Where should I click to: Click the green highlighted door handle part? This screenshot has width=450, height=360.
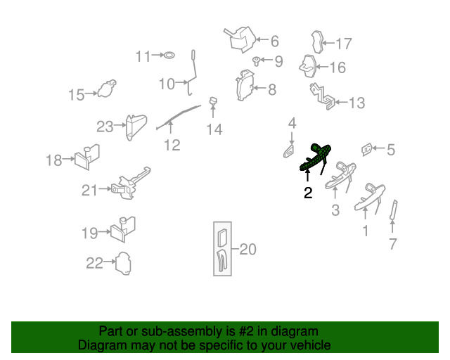click(x=316, y=158)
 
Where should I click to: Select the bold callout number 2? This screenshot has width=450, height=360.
click(x=308, y=193)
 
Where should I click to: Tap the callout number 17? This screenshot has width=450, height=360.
click(x=344, y=44)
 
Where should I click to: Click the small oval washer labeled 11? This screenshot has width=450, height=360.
click(x=169, y=55)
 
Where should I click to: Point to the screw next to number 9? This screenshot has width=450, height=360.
click(x=256, y=61)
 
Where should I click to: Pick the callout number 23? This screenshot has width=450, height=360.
click(x=105, y=127)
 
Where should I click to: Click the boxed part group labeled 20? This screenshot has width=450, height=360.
click(x=222, y=249)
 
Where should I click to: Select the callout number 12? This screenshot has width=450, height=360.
click(x=172, y=145)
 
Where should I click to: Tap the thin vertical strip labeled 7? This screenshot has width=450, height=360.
click(x=394, y=210)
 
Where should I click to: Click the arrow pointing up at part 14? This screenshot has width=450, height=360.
click(x=213, y=111)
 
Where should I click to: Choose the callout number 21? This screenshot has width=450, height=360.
click(x=89, y=191)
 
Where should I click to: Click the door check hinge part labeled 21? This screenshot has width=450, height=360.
click(x=131, y=183)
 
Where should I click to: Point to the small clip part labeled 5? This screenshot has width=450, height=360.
click(x=366, y=149)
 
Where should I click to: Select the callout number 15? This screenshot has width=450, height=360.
click(x=77, y=95)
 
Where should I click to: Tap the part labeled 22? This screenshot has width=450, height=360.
click(x=123, y=264)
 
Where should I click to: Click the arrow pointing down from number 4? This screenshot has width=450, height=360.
click(x=292, y=139)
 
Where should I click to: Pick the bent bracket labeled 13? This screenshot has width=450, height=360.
click(x=322, y=96)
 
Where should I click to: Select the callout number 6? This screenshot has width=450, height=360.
click(x=275, y=41)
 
